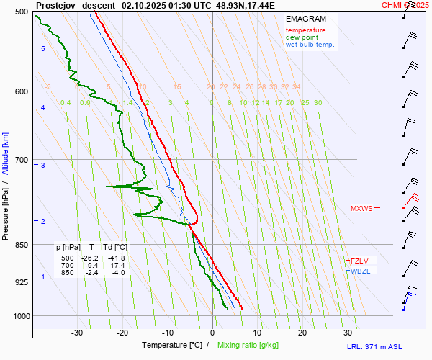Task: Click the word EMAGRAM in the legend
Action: tap(305, 18)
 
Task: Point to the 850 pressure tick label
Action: tap(20, 245)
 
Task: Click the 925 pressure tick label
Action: tap(20, 282)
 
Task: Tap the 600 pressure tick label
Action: tap(20, 91)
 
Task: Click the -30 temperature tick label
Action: tap(77, 333)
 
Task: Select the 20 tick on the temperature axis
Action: tap(302, 333)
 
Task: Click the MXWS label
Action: tap(361, 209)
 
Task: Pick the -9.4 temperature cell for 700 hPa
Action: tap(91, 265)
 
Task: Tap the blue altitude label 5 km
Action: tap(43, 48)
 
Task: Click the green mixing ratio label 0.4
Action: tap(66, 103)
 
